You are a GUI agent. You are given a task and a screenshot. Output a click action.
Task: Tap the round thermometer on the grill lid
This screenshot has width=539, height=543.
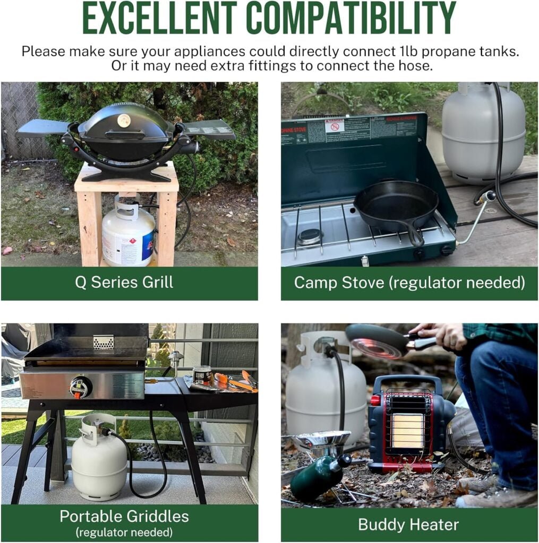[124, 120]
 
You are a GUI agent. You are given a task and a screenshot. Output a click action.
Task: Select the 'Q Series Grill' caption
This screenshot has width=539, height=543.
[124, 282]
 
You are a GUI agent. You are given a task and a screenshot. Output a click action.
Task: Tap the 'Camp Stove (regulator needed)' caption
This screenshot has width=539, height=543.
[409, 282]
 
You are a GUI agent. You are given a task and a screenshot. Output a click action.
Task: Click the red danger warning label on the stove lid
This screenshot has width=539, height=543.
[334, 126]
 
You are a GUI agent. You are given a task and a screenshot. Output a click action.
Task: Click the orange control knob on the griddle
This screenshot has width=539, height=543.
[80, 388]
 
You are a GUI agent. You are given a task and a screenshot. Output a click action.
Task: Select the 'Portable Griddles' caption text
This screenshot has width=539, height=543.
[125, 516]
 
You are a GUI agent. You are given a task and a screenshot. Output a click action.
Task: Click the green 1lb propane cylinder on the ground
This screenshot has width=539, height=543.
[316, 478]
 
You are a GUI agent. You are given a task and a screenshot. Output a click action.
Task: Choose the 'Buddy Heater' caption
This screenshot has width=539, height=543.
[408, 525]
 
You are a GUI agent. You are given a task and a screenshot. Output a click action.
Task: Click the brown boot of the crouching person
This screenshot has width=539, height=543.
[496, 497]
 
